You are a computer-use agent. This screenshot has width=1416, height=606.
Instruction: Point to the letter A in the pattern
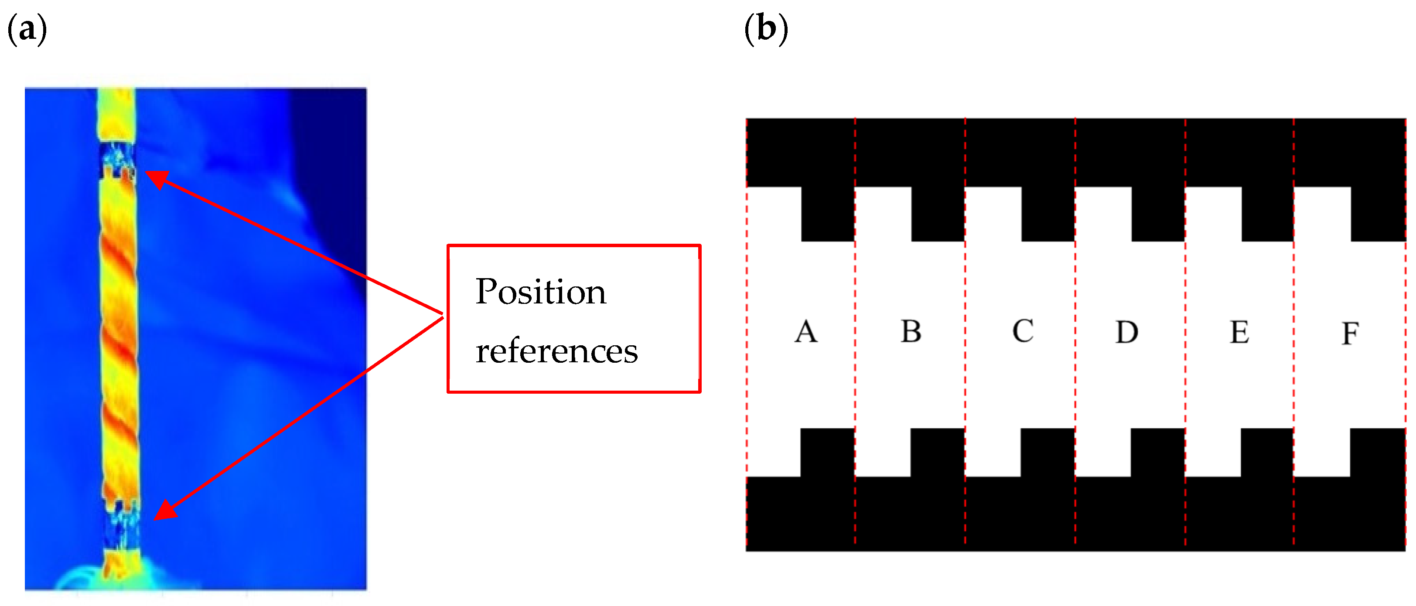click(806, 332)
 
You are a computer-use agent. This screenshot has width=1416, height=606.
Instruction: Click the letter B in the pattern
click(911, 331)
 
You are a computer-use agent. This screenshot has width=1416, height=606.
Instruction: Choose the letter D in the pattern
click(1126, 332)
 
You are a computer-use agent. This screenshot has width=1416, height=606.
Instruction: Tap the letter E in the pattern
click(1239, 332)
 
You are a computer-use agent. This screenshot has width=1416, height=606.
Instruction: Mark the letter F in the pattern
click(1350, 334)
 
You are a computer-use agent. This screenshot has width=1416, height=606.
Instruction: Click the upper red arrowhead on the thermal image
click(156, 179)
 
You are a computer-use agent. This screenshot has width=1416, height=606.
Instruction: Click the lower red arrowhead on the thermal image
click(165, 511)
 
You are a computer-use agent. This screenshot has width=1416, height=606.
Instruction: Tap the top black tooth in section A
click(828, 214)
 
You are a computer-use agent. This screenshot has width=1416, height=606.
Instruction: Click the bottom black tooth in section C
click(1047, 452)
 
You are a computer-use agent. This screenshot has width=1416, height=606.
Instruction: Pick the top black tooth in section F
click(1378, 214)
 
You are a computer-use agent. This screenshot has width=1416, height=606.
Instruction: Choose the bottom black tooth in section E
click(1267, 452)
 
